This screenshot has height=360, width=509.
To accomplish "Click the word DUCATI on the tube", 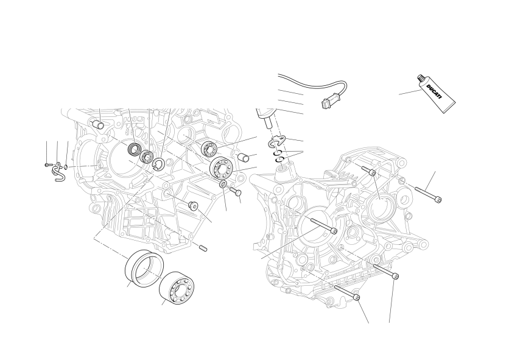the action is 434,92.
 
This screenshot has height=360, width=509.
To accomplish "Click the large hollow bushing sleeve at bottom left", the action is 144,269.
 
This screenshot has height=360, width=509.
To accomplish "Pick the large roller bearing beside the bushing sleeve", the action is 177,288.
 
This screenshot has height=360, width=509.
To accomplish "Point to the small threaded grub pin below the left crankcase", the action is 203,249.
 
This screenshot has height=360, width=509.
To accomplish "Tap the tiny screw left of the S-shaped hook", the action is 47,165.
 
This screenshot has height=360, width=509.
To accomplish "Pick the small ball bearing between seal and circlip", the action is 146,157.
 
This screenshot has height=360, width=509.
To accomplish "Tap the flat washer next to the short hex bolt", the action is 223,184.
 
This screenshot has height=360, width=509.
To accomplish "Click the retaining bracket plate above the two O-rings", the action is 277,141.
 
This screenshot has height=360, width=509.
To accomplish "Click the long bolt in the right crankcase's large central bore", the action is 324,225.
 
